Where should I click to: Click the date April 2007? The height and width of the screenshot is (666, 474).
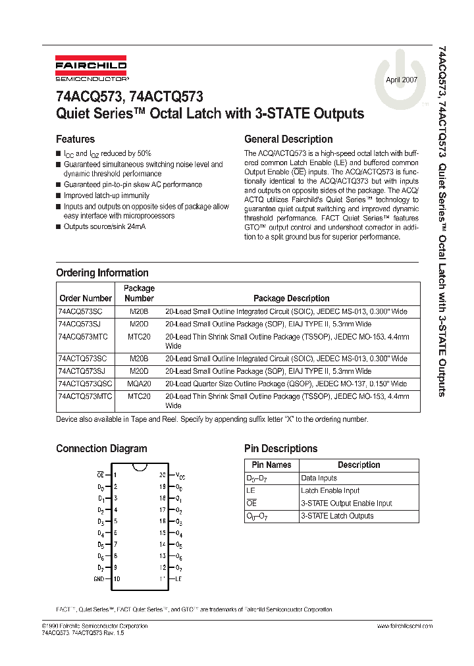tap(401, 79)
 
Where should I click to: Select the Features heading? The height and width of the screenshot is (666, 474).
tap(75, 139)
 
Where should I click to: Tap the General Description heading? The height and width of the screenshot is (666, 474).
tap(288, 139)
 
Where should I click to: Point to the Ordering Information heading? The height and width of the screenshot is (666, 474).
tap(102, 272)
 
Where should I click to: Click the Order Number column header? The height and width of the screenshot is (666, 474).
tap(86, 298)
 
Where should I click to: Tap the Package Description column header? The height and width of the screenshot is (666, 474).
tap(291, 298)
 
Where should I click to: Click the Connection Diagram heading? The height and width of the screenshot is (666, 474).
tap(101, 448)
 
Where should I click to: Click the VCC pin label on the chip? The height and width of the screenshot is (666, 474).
tap(180, 474)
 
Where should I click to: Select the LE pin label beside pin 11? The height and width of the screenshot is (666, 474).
tap(178, 578)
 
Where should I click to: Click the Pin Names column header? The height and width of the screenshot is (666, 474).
tap(270, 465)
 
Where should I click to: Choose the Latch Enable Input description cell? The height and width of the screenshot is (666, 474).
tap(330, 490)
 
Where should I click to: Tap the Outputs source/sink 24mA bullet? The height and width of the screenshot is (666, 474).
tap(104, 226)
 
